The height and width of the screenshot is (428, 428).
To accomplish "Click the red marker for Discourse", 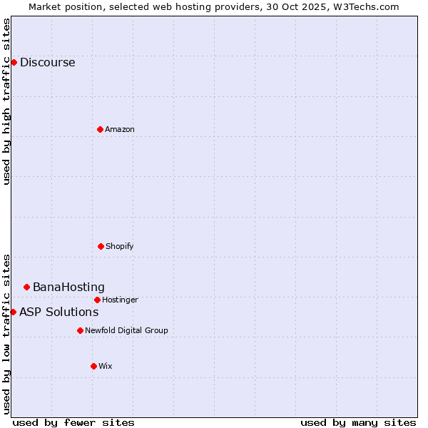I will [14, 62].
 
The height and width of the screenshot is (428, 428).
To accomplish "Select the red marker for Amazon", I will [100, 129].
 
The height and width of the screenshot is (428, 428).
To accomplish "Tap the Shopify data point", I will [101, 246].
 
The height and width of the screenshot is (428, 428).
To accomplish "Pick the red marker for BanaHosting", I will [26, 287].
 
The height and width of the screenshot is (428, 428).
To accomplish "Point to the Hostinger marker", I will [97, 300].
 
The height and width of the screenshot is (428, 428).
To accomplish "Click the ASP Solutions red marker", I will [13, 312].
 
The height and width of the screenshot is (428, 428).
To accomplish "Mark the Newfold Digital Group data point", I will [80, 330].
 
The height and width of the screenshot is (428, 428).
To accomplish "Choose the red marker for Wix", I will [93, 366].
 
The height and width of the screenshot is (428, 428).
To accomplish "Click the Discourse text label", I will [47, 63].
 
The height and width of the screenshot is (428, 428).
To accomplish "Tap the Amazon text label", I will [119, 129].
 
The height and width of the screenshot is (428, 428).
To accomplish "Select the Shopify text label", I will [119, 246].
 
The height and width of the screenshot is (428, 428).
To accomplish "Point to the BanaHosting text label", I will [68, 287].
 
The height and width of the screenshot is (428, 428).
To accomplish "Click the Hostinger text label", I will [120, 300].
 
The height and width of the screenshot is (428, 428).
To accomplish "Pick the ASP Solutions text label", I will [58, 312].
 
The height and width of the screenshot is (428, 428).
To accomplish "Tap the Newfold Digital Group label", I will [126, 330].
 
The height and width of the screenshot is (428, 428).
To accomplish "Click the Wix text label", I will [105, 366].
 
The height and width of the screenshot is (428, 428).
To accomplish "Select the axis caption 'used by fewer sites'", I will [73, 422].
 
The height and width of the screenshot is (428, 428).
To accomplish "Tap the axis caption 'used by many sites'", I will [358, 422].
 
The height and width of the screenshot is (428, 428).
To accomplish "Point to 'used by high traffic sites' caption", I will [6, 101].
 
